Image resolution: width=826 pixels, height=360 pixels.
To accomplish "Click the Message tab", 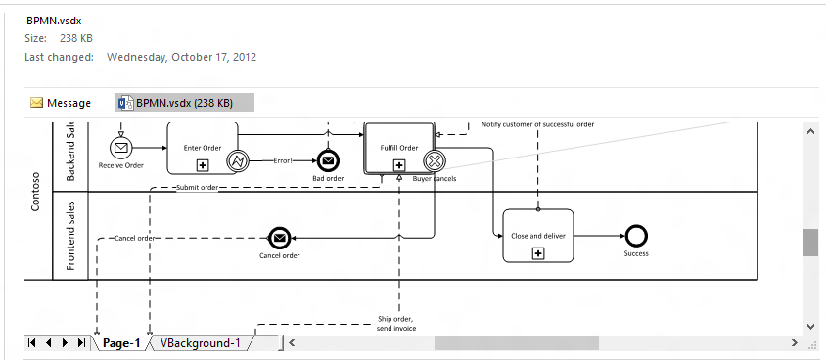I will pyautogui.click(x=61, y=103).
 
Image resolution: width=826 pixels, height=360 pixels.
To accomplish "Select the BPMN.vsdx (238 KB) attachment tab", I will pyautogui.click(x=184, y=103).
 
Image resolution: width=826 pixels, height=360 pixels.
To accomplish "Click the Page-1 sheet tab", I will pyautogui.click(x=121, y=343).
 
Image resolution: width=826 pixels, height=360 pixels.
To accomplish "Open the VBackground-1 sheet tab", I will pyautogui.click(x=200, y=343).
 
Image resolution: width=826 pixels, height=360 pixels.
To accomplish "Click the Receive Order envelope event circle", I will pyautogui.click(x=120, y=148).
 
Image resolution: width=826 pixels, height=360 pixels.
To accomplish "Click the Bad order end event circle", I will pyautogui.click(x=328, y=161).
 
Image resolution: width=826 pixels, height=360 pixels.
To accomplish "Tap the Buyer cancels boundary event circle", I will pyautogui.click(x=434, y=160).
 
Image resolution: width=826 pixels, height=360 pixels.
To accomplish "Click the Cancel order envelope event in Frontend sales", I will pyautogui.click(x=279, y=238).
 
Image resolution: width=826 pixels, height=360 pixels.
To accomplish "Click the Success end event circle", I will pyautogui.click(x=636, y=236).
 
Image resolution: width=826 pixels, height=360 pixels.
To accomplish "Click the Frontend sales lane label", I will pyautogui.click(x=70, y=235).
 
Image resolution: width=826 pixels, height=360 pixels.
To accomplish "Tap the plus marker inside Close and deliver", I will pyautogui.click(x=537, y=253).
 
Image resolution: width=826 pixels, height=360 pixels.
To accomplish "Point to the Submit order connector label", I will pyautogui.click(x=196, y=187).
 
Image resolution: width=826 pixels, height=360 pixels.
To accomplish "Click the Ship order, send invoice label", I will pyautogui.click(x=396, y=324).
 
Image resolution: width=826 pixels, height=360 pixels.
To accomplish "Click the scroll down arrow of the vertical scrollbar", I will pyautogui.click(x=810, y=326).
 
